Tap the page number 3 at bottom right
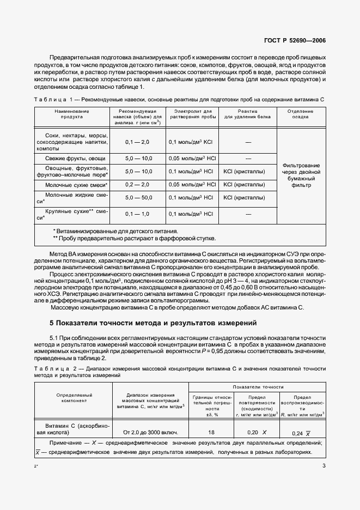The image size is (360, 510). pos(324,465)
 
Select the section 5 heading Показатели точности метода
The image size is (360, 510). pos(152,323)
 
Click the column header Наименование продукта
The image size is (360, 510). pos(72,113)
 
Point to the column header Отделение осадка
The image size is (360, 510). pos(301,113)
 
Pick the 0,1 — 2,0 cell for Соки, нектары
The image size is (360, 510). pos(137,142)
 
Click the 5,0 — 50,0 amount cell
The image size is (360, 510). pos(137,199)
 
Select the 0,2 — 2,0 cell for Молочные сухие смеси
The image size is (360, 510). pos(137,185)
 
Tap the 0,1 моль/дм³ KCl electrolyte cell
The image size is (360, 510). pos(191,142)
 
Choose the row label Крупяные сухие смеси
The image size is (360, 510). pos(72,214)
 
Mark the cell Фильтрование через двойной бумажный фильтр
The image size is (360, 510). pos(301,175)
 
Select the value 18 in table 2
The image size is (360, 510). pos(212,432)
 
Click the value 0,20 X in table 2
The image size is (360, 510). pos(257,432)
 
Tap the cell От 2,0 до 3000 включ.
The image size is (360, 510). pos(150,433)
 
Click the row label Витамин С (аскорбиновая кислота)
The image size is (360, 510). pos(73,428)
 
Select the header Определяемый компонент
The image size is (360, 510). pos(73,398)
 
